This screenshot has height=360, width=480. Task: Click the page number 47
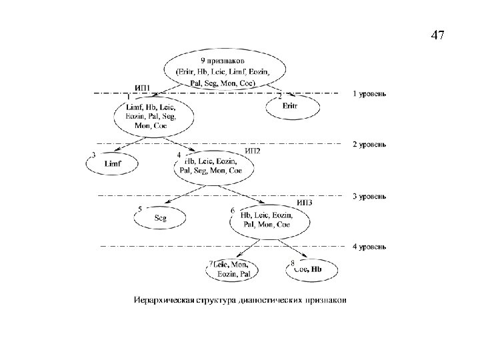(x=437, y=35)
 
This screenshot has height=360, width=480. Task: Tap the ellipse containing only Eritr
(x=291, y=107)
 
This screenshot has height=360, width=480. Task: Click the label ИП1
(x=143, y=87)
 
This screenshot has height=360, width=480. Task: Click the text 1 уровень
(x=369, y=93)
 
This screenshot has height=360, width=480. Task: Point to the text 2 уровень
(x=369, y=144)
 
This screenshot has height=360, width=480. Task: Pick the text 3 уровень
(x=369, y=196)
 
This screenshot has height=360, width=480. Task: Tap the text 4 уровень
(x=369, y=247)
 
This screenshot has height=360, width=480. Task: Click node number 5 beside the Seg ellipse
(x=139, y=209)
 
